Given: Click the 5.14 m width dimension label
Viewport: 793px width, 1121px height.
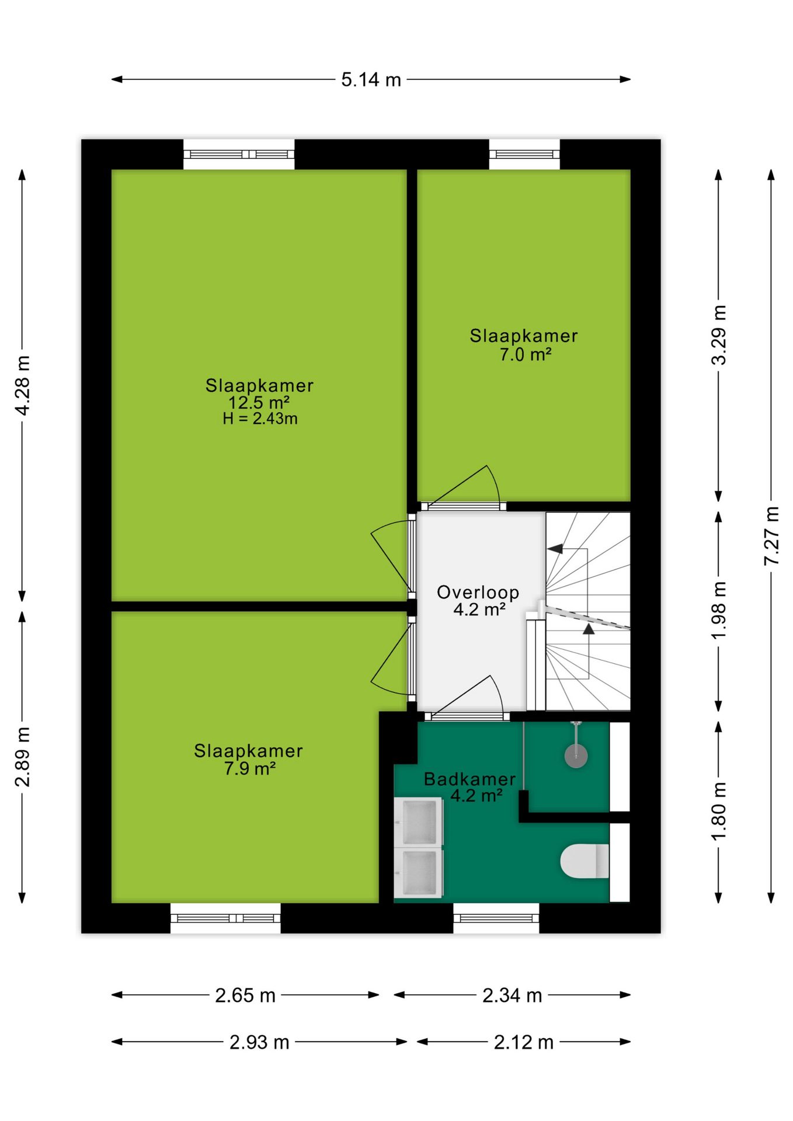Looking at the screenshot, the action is (371, 79).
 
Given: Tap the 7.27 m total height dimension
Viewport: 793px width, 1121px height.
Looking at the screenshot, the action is (771, 535).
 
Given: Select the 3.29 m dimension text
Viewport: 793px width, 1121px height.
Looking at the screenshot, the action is (719, 335).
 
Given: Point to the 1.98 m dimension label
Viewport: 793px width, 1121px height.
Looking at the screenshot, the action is (719, 609).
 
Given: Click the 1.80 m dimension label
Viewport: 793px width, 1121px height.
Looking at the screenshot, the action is (719, 812).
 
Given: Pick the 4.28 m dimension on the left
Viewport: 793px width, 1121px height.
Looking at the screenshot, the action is (22, 385).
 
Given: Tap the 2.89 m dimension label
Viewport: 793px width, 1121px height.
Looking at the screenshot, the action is (22, 757).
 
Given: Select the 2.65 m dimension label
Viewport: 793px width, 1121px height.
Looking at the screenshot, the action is (245, 995).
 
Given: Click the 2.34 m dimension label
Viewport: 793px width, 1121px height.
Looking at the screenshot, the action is (512, 995).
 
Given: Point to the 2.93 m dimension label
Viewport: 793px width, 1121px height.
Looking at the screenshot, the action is (259, 1042).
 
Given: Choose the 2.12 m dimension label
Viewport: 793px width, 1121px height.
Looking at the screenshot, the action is (524, 1042).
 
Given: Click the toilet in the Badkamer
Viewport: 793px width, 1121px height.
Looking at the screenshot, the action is (585, 861).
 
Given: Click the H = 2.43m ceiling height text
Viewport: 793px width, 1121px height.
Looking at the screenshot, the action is (260, 419).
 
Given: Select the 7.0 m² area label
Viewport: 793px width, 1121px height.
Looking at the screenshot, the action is (526, 354).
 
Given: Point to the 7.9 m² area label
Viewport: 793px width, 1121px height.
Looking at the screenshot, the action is (249, 768).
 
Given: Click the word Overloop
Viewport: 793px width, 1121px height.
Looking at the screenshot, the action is (478, 593).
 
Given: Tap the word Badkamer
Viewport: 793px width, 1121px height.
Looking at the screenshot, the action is (470, 779).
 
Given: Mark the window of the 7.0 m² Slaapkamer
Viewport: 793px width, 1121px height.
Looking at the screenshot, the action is (524, 154).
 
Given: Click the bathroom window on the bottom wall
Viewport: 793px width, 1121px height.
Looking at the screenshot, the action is (496, 918).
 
